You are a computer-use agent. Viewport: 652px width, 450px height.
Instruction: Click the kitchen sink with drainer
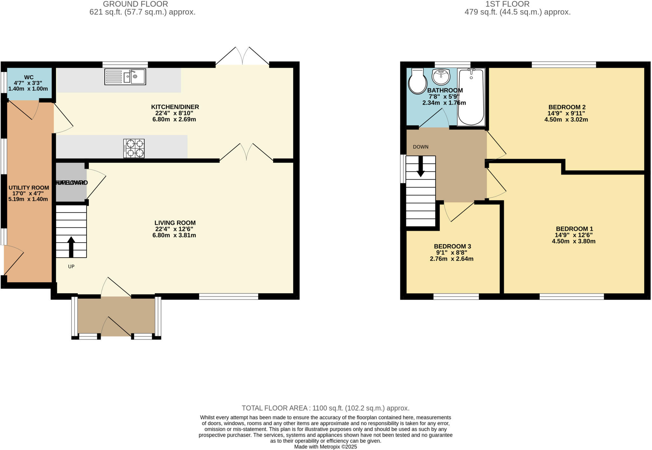point(125,77)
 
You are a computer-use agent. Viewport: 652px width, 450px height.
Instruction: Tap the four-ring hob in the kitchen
point(134,148)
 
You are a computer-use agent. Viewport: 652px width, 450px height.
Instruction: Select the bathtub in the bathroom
point(471,97)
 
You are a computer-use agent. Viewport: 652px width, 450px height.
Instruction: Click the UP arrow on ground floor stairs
point(71,247)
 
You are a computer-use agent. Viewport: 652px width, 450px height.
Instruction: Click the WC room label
point(29,77)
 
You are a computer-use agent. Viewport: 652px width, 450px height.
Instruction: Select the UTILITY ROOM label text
point(29,188)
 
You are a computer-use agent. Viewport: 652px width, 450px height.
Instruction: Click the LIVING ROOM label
point(175,223)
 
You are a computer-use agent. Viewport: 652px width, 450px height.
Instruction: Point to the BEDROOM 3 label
point(452,246)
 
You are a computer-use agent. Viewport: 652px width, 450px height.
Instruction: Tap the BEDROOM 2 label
point(567,107)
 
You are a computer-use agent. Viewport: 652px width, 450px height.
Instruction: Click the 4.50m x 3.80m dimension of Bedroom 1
point(573,241)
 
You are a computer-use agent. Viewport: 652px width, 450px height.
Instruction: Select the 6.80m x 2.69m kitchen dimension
point(174,120)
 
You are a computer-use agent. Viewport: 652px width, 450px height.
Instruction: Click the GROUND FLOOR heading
point(135,4)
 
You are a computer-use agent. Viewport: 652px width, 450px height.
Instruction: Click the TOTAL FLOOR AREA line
point(325,408)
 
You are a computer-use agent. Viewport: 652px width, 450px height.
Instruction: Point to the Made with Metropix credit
point(325,447)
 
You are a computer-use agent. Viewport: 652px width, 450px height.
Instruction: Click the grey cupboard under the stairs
point(71,182)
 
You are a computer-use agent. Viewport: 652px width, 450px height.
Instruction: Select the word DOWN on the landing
point(421,147)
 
